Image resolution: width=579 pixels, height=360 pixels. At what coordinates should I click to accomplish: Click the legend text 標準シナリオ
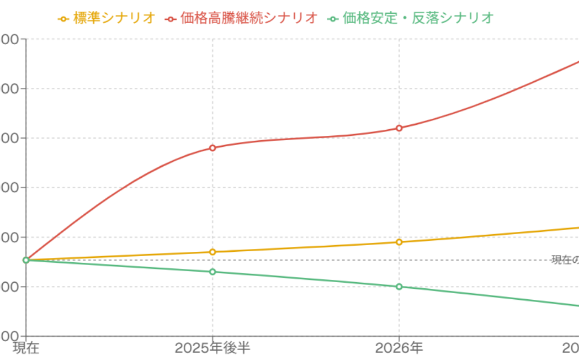(x=114, y=18)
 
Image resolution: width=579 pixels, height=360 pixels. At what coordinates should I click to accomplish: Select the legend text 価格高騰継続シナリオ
(x=249, y=18)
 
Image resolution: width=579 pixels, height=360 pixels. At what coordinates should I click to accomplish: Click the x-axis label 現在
(x=26, y=348)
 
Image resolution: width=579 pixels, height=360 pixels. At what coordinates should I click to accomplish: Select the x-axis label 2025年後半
(x=213, y=348)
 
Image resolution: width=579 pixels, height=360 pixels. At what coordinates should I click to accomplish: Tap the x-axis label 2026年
(x=399, y=348)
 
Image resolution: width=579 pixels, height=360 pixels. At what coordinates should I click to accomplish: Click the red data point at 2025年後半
(x=213, y=148)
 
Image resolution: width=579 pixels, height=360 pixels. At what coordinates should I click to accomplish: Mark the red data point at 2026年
(x=399, y=128)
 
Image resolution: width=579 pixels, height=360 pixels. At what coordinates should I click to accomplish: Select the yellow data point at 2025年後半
(x=213, y=252)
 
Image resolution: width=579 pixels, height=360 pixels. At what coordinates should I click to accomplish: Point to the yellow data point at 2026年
(x=399, y=242)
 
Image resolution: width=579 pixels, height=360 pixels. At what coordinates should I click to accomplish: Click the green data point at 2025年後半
(x=213, y=272)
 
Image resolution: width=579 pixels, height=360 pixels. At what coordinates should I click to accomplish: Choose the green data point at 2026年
(x=399, y=287)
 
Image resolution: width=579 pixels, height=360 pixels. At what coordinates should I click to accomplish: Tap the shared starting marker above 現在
(x=26, y=260)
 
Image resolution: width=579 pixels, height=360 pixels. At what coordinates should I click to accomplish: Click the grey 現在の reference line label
(x=565, y=260)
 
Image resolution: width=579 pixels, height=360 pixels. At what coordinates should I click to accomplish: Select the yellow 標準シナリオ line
(x=304, y=247)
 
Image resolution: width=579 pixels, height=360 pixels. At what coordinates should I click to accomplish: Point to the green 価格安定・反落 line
(x=304, y=279)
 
